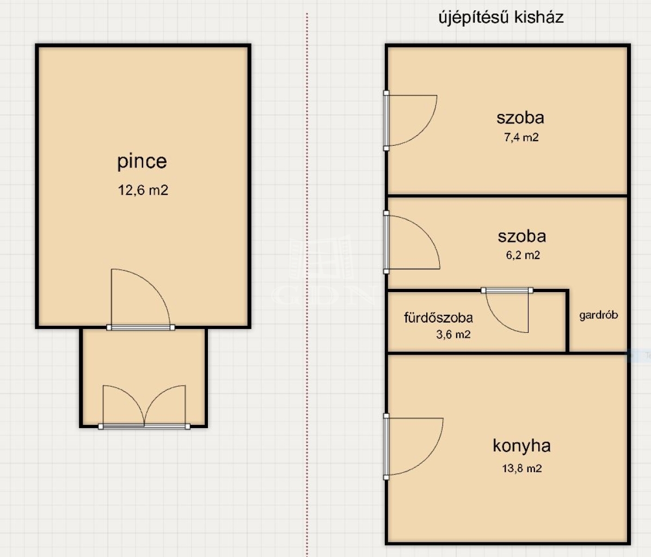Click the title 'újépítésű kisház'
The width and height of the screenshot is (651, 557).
point(501,17)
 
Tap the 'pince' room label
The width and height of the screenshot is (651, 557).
point(142,161)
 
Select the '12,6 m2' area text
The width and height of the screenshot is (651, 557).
point(143,190)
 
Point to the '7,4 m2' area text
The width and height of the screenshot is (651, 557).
point(521,137)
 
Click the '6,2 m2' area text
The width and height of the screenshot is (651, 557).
point(523,255)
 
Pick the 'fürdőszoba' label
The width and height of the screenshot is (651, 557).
point(438,318)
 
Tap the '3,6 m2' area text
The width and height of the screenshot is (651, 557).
point(453,335)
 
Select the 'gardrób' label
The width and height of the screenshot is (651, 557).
point(599,315)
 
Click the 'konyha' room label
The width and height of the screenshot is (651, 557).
point(522,446)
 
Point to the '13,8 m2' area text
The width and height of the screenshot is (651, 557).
point(522,468)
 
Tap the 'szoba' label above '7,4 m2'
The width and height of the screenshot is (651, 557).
point(520,118)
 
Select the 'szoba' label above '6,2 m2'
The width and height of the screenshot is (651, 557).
point(523,236)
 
